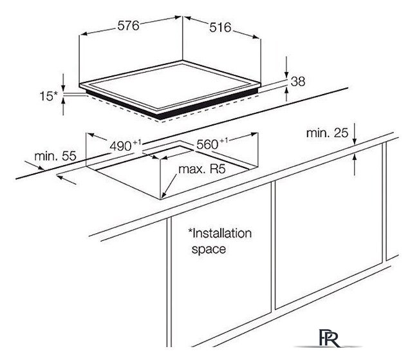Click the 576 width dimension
128,26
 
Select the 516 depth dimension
220,28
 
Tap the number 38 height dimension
298,81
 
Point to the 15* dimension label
49,96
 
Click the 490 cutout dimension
126,146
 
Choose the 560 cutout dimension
212,144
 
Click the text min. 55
55,156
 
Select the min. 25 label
327,133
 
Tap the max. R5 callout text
201,169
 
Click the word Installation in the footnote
220,233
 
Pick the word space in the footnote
209,249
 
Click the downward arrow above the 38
286,67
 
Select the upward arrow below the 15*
63,106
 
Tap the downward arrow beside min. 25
355,134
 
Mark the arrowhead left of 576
83,34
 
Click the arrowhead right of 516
256,37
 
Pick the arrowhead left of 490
91,135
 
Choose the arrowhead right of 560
254,135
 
